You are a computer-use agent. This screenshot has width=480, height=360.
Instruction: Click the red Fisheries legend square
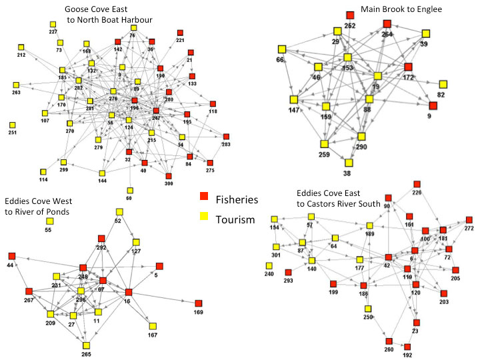pos(205,197)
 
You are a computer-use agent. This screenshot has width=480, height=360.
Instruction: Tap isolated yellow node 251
pos(13,125)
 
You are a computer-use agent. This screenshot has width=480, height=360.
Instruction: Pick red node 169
pos(198,303)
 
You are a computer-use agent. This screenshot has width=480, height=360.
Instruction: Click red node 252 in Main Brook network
pos(350,15)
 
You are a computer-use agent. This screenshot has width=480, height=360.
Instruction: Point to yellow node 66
pos(281,49)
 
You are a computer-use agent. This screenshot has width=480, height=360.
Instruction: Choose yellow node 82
pos(443,84)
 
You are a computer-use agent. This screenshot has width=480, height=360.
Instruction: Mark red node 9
pos(433,105)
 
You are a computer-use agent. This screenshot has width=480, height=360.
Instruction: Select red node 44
pos(11,256)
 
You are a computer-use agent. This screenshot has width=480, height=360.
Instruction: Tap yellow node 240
pos(269,265)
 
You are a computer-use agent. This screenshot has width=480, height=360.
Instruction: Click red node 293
pos(288,272)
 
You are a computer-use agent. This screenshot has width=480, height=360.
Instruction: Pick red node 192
pos(407,347)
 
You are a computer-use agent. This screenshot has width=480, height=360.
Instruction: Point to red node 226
pos(417,184)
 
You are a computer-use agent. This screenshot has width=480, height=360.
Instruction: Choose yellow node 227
pos(53,25)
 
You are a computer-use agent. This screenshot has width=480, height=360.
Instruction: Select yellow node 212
pos(21,47)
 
